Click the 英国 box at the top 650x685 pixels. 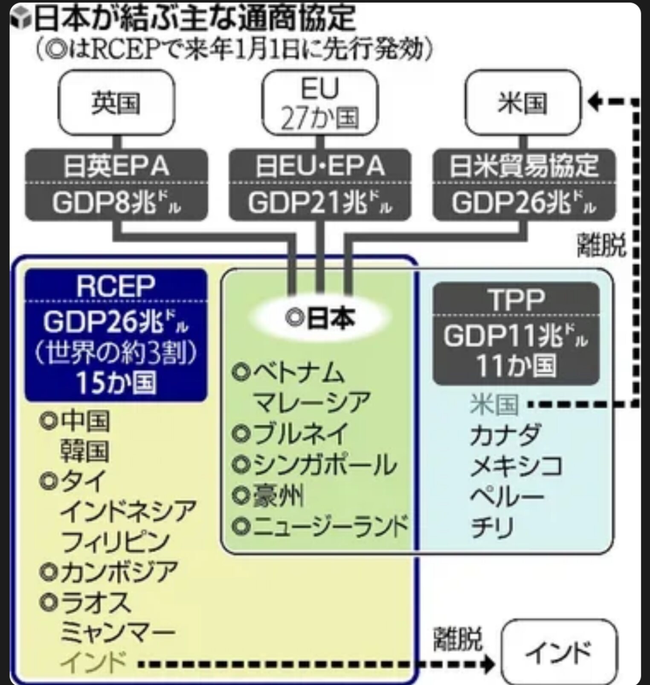(116, 103)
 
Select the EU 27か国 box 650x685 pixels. (320, 103)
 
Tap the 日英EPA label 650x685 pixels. (116, 166)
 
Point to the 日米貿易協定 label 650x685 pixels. (524, 166)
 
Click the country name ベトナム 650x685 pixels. (299, 372)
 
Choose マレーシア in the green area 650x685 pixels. (311, 402)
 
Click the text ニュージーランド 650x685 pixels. (331, 526)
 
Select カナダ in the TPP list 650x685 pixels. (505, 435)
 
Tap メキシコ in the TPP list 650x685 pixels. (516, 465)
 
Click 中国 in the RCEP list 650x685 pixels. (85, 420)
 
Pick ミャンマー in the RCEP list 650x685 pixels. (118, 633)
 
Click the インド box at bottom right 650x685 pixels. (559, 653)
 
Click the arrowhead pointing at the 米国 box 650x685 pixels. (594, 102)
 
